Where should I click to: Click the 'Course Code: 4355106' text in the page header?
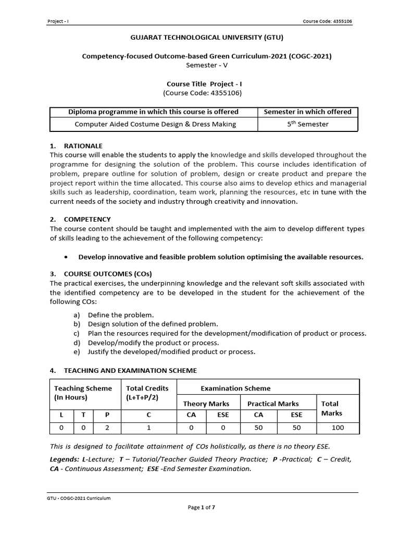click(330, 21)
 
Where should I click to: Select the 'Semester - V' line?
click(207, 65)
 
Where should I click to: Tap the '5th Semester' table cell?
click(308, 124)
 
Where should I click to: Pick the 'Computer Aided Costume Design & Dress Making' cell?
click(155, 124)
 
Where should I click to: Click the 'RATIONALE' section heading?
click(83, 145)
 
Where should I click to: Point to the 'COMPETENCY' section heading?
click(87, 220)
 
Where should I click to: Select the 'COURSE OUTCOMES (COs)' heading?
click(108, 274)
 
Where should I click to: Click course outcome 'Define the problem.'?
click(121, 315)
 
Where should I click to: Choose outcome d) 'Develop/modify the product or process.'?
click(153, 343)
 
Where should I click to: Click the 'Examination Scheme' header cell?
click(235, 388)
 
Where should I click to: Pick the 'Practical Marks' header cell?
click(273, 404)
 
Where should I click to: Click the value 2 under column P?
click(107, 428)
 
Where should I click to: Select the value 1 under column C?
click(148, 428)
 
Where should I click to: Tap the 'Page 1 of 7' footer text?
click(202, 508)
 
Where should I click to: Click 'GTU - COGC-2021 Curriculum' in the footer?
click(79, 498)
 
